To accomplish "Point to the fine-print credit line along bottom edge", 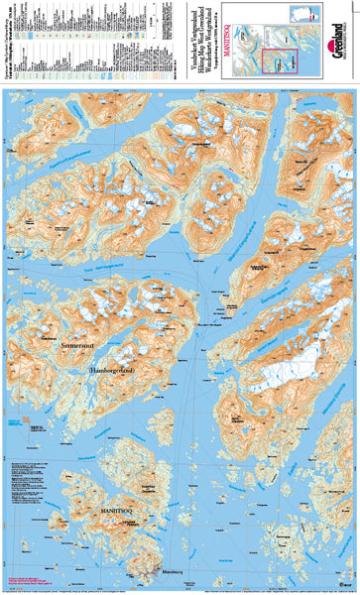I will [179, 589].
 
